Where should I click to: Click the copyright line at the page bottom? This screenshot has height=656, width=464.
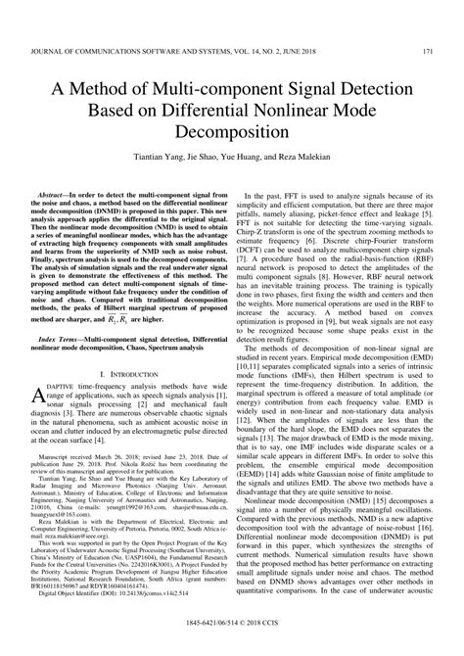[x=231, y=646]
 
